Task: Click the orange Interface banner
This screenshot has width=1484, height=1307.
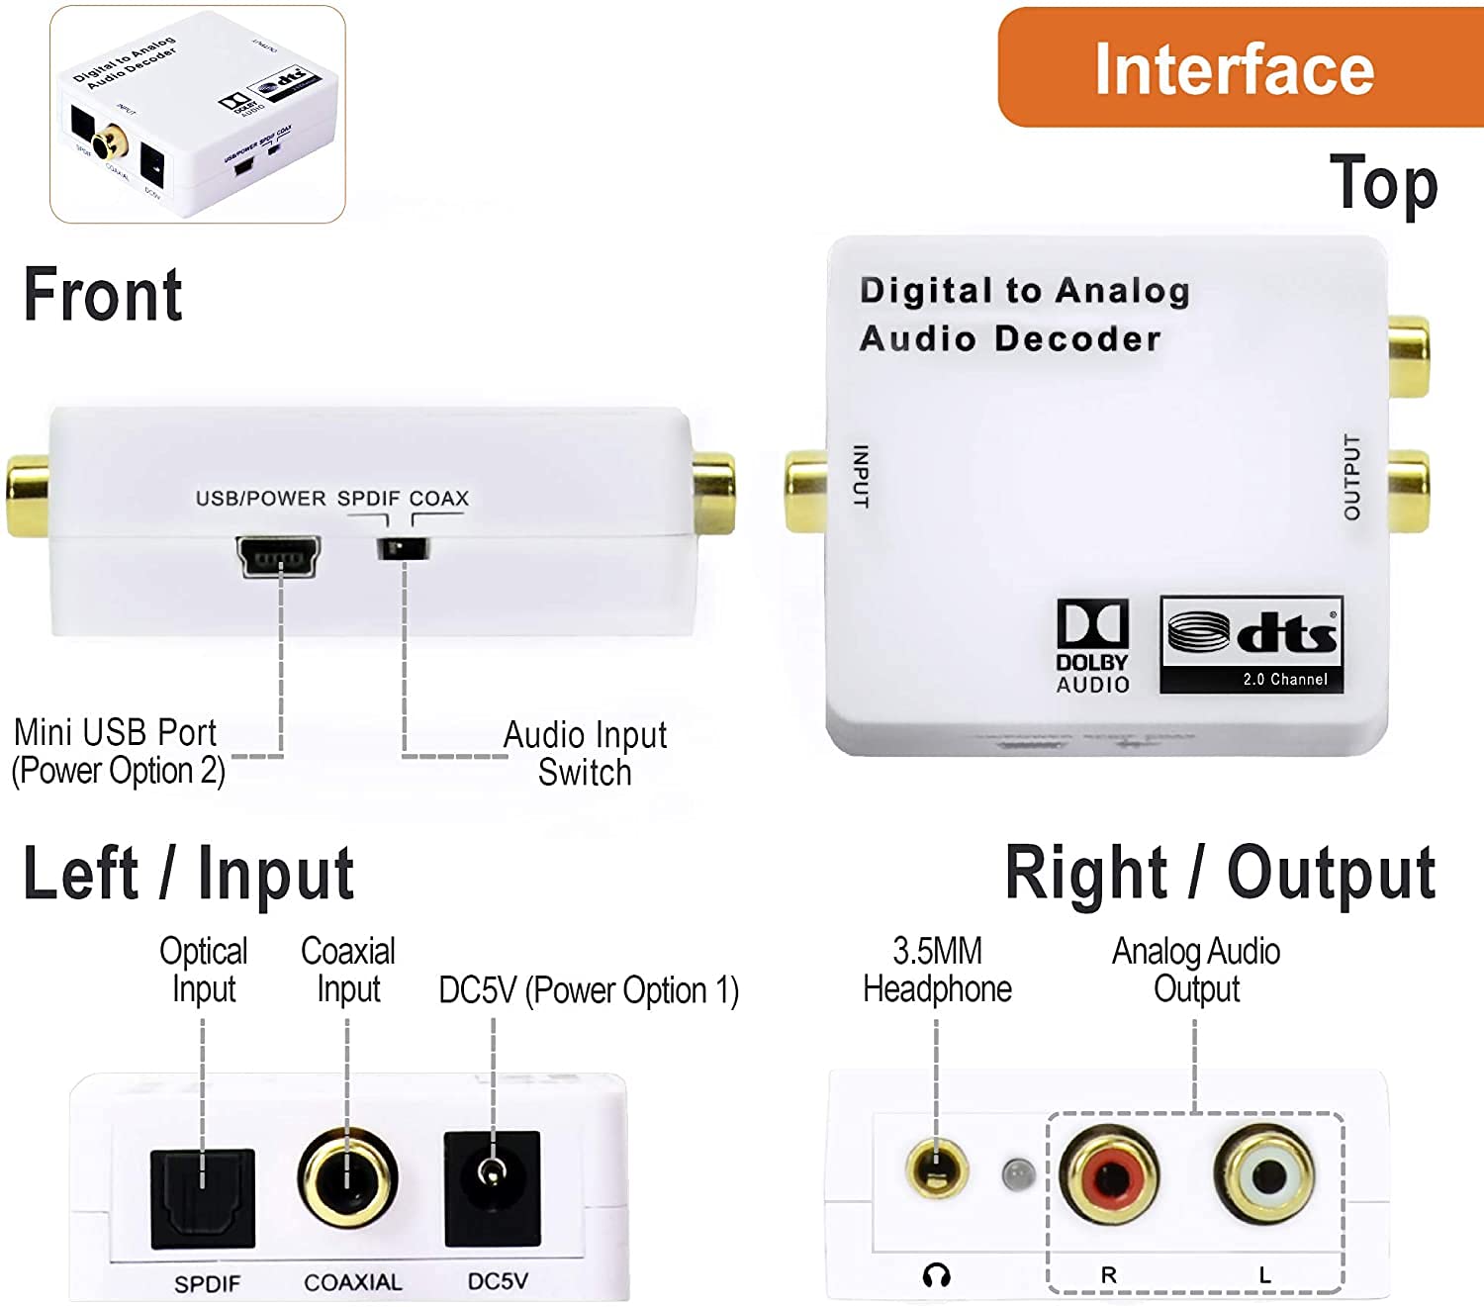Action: tap(1237, 67)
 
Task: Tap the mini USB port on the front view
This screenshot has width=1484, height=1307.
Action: tap(278, 557)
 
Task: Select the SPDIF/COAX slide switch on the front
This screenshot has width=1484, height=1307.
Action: tap(403, 547)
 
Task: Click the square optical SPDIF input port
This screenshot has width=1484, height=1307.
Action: tap(203, 1198)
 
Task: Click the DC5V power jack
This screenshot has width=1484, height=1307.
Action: tap(492, 1188)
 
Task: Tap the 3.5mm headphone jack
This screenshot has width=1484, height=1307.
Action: tap(936, 1167)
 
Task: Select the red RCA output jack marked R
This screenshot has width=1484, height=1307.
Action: tap(1109, 1175)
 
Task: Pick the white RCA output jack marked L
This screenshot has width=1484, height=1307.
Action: tap(1265, 1175)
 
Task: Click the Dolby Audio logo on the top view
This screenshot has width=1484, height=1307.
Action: tap(1092, 646)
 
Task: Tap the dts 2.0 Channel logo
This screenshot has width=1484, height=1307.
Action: tap(1252, 644)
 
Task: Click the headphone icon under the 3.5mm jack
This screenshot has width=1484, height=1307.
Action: tap(936, 1274)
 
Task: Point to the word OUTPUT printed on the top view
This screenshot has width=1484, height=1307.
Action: tap(1351, 477)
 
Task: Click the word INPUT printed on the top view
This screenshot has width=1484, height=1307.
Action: tap(861, 476)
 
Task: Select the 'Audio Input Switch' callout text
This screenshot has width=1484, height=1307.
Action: tap(585, 753)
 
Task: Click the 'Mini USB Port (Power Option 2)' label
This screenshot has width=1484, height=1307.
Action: tap(117, 751)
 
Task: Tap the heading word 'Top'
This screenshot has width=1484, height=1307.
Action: tap(1383, 184)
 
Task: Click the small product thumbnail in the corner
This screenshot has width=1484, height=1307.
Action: tap(198, 113)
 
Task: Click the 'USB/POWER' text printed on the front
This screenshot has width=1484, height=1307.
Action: tap(260, 498)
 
